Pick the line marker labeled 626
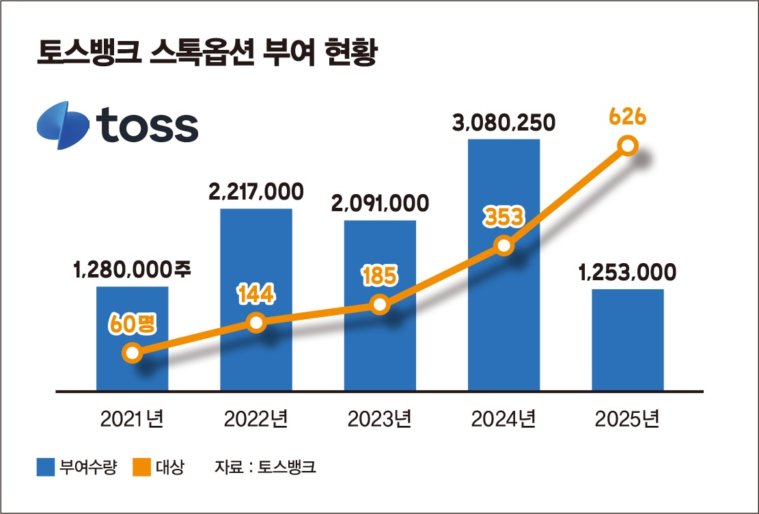pos(627,146)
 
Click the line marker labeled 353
pos(503,246)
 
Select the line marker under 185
pos(380,305)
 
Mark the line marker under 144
pos(256,323)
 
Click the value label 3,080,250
pos(503,123)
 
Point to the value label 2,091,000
pos(380,204)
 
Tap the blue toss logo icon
pos(62,126)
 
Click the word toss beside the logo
pos(147,126)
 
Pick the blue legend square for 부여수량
pos(45,468)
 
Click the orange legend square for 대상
pos(141,468)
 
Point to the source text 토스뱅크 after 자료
pos(288,468)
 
